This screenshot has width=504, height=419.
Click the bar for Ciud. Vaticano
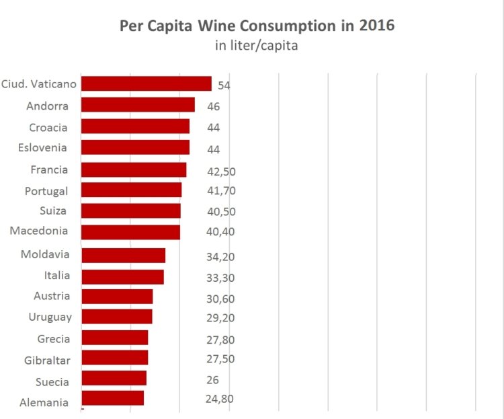146,84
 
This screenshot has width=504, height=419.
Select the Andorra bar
138,105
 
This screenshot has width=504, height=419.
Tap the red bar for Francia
134,169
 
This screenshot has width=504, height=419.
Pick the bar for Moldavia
123,255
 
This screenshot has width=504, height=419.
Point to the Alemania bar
112,398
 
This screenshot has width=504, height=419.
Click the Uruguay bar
116,317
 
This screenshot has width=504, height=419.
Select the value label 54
224,86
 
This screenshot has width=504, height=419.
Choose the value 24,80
220,399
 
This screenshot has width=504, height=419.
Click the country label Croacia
49,127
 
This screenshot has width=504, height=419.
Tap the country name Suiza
53,211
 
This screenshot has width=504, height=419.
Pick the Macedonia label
39,231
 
